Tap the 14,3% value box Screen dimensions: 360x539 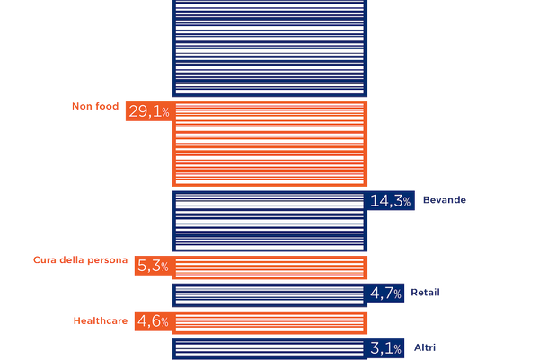coord(391,201)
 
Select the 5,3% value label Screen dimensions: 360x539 coord(153,266)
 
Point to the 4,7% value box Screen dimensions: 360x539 coord(387,293)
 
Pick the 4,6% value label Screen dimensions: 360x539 coord(153,320)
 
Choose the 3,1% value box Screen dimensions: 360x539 coord(387,348)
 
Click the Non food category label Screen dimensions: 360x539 coord(94,106)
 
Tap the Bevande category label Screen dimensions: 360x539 coord(444,200)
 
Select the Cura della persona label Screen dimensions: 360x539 coord(81,260)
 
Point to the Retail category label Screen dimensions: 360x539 coord(426,293)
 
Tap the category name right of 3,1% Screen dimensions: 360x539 coord(423,347)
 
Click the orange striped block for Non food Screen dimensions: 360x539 coord(269,144)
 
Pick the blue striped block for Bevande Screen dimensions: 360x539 coord(269,221)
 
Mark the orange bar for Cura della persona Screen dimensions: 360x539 coord(269,267)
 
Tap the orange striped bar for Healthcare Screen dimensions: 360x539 coord(269,321)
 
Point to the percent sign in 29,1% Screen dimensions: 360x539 coord(165,113)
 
